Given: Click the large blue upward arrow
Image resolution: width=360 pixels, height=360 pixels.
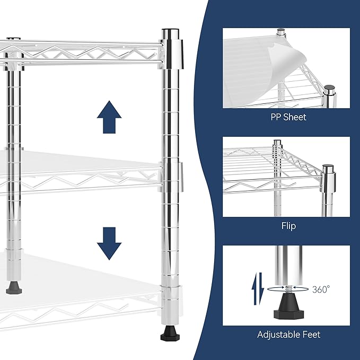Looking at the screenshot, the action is click(x=109, y=117).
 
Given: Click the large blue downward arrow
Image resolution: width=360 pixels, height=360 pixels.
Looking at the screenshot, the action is click(x=109, y=243).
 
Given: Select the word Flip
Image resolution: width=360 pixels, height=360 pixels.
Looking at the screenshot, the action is click(x=288, y=226).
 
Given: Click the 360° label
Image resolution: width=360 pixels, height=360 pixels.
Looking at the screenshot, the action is click(x=321, y=289).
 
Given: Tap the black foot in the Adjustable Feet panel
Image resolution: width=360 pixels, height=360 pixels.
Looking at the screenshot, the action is click(x=288, y=307).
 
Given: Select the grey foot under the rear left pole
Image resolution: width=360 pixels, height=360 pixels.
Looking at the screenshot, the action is click(x=14, y=288).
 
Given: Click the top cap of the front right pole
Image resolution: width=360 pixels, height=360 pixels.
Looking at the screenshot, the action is click(x=170, y=34).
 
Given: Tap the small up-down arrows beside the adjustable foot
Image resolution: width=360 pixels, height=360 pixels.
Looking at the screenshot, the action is click(x=258, y=288).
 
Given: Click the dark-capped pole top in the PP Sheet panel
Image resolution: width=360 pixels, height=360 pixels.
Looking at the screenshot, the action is click(x=329, y=90).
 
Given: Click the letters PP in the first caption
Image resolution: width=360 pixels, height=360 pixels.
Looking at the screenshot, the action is click(x=276, y=117).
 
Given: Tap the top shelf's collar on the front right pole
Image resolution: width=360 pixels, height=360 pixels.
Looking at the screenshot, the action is click(x=172, y=54).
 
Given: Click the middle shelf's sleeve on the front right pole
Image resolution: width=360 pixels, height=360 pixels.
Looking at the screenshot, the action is click(x=172, y=177).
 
